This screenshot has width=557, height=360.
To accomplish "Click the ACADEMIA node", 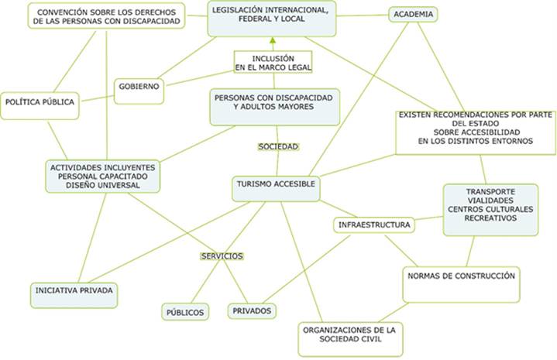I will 413,14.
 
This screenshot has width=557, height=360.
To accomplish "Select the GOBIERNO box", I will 139,87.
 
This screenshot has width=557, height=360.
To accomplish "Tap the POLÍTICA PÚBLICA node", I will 40,102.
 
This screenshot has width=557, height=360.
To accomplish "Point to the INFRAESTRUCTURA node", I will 373,225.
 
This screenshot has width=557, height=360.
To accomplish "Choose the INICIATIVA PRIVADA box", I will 75,290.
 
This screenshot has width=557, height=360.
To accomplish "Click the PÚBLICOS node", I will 185,312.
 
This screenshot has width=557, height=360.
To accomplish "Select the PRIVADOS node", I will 251,310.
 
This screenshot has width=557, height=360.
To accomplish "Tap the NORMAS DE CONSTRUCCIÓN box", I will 461,276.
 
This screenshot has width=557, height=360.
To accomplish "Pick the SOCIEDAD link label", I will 278,146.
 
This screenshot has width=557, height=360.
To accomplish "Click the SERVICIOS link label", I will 222,255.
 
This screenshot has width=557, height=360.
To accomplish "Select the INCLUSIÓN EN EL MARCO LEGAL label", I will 273,63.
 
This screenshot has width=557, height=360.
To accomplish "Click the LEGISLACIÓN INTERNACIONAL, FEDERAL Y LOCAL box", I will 273,18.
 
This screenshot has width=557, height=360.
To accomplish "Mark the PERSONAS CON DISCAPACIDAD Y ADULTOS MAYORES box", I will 274,105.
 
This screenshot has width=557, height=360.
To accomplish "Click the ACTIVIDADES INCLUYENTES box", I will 103,176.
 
